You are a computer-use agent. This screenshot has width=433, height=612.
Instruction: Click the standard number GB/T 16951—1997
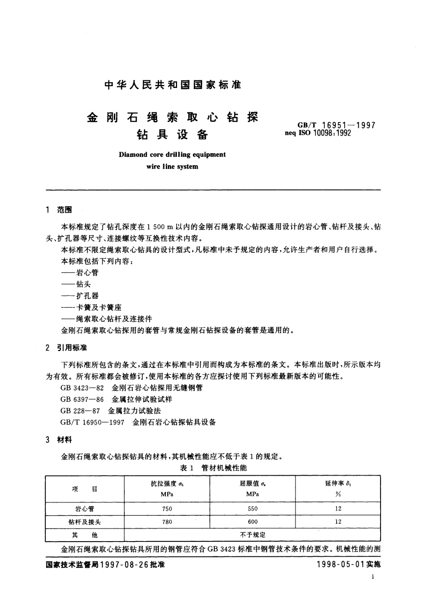[x=336, y=125]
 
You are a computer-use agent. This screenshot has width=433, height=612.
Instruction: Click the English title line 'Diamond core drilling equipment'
[x=172, y=154]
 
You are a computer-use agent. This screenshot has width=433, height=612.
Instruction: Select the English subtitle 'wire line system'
[x=172, y=167]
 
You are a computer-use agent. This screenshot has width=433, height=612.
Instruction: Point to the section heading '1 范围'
[x=59, y=210]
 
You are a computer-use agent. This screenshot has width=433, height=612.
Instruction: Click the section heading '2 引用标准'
[x=66, y=348]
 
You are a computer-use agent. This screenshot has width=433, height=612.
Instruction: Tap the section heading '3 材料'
[x=59, y=440]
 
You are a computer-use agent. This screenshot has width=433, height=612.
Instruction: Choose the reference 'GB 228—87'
[x=80, y=411]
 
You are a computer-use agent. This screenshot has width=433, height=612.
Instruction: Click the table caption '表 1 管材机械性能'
[x=213, y=468]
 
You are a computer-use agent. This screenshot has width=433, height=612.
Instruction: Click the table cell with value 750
[x=167, y=509]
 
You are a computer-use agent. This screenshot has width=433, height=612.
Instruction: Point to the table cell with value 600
[x=253, y=522]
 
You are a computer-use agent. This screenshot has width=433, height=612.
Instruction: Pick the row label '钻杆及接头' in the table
[x=84, y=522]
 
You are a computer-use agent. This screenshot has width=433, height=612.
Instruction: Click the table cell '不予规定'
[x=252, y=535]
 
